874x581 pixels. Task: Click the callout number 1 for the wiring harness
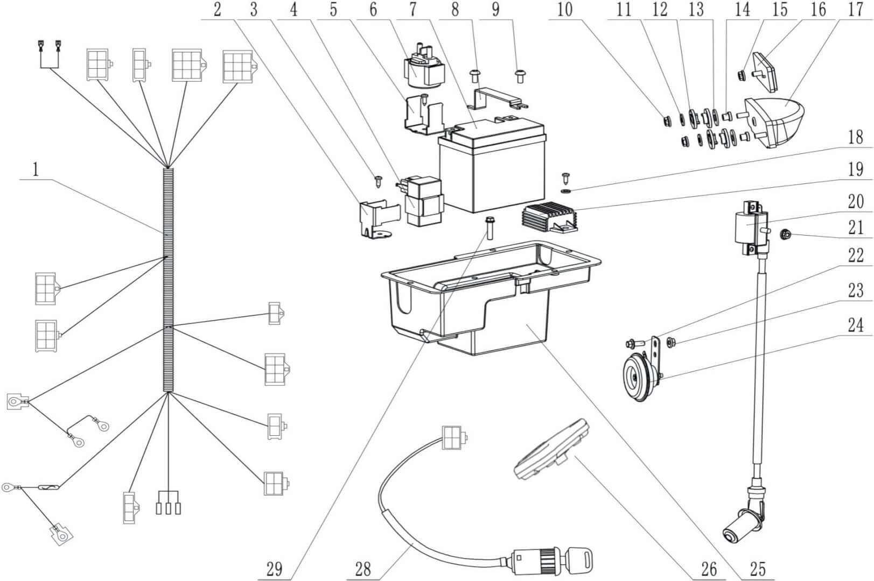36,171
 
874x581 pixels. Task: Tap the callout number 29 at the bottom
274,569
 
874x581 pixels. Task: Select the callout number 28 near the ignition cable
363,569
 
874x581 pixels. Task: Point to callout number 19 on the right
855,170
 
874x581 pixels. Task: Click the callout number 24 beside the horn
855,324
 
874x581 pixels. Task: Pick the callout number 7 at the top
412,9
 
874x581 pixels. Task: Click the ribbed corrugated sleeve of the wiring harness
169,280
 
